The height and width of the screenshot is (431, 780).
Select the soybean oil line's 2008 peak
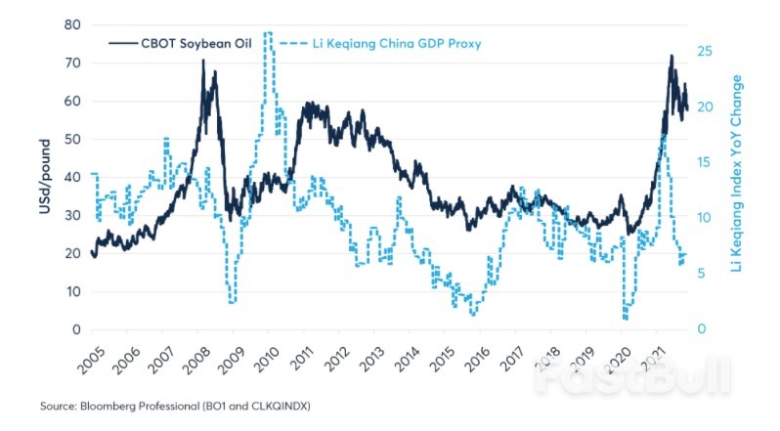(203, 61)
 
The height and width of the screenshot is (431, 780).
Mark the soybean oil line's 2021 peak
(672, 56)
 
